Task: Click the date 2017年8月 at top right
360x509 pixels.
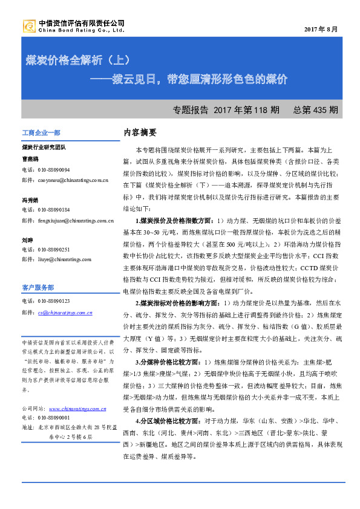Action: (321, 30)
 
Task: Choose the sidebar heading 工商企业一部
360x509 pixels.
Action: (41, 132)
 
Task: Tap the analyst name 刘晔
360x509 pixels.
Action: (28, 239)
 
